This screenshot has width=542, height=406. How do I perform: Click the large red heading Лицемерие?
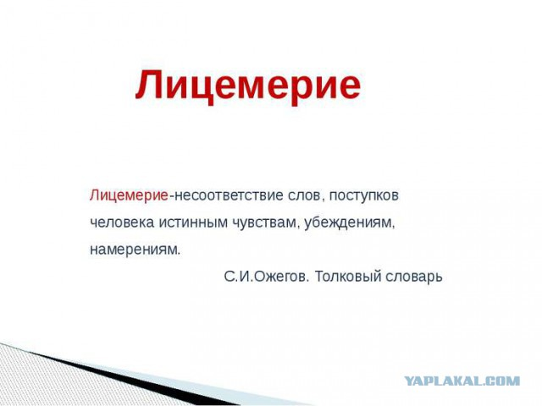(248, 85)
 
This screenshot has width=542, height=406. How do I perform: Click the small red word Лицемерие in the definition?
(129, 195)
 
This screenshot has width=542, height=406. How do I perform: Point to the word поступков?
(364, 196)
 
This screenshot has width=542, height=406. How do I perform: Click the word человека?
(122, 222)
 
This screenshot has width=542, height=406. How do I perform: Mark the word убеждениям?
(348, 222)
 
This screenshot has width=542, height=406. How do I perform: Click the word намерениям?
(134, 250)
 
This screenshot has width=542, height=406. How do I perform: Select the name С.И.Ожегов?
(265, 277)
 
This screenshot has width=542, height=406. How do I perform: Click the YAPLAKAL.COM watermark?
(462, 381)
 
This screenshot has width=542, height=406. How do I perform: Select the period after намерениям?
(179, 254)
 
